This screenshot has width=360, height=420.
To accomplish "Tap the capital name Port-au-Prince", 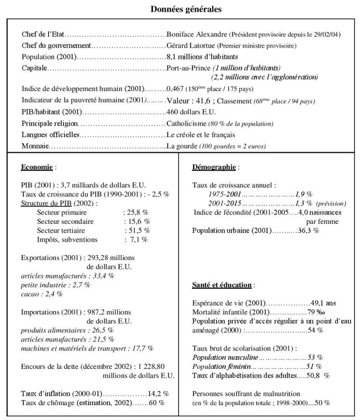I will [189, 67].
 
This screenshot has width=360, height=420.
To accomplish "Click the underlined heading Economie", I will [37, 167].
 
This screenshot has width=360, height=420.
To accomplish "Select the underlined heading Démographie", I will [214, 167].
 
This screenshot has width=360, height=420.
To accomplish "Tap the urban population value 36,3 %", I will [309, 230].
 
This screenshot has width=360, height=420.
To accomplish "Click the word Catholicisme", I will [187, 123].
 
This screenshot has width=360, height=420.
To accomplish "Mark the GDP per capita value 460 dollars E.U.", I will [191, 112].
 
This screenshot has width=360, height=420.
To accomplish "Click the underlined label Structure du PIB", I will [45, 203].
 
